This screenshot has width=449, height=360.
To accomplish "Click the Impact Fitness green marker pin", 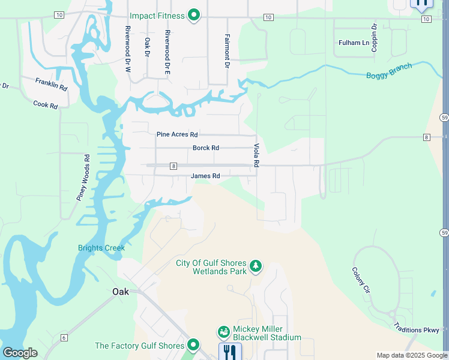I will coord(193,15).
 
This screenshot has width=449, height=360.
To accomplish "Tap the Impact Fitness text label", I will coord(157,16).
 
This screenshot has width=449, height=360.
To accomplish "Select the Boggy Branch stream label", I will coord(389,71).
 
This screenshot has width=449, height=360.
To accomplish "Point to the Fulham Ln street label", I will coord(354,43).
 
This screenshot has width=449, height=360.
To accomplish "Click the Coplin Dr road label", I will coord(374,38).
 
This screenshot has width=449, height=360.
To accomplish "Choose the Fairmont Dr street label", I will coord(227,50).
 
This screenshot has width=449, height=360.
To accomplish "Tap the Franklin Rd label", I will coord(51,84).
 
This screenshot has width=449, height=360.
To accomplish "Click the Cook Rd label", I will coord(46,104).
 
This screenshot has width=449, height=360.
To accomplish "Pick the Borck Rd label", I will coord(206,148).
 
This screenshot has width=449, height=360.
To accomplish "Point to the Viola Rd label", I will coord(256,155).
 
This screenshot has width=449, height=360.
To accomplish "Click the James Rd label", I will coord(205,176).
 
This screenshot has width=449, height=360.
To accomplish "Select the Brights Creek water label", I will coord(101,248).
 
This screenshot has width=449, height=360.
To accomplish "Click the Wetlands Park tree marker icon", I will coord(256,265).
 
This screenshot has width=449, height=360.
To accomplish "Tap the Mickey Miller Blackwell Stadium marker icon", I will coord(223,332).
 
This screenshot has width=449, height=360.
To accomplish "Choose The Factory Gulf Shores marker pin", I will coord(193,344).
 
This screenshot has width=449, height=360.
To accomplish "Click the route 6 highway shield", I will coord(64,338).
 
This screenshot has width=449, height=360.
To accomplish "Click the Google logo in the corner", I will coord(20,352).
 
